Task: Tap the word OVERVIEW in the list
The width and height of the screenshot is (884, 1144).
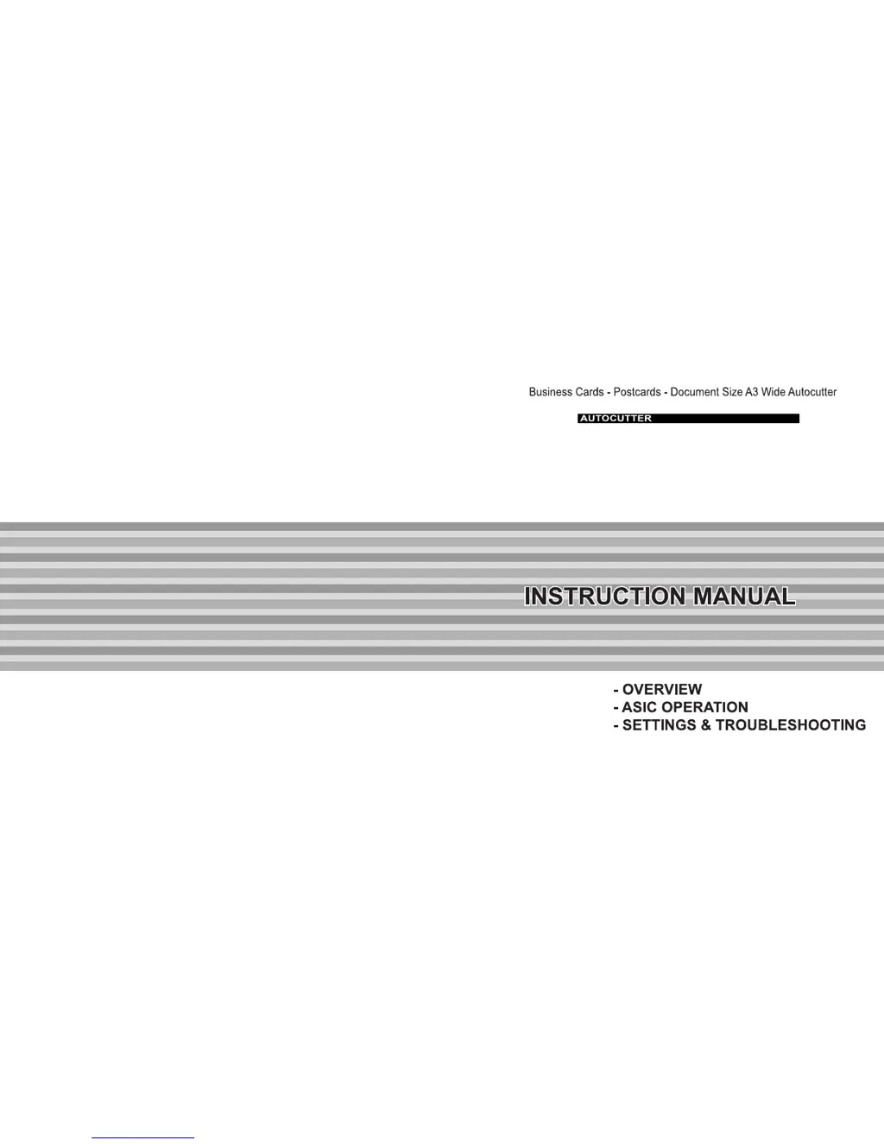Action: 662,690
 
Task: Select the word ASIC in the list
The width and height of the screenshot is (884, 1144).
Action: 639,707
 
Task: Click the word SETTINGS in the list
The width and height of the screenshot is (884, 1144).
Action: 659,725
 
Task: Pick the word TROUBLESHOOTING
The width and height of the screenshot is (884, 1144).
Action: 791,725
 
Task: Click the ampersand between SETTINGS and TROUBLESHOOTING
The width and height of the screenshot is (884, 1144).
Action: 706,725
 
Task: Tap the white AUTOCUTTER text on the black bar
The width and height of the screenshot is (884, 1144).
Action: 616,419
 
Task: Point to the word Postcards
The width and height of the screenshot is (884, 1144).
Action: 637,392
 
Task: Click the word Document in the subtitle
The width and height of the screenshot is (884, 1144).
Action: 694,392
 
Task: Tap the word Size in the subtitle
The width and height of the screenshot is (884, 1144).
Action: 732,392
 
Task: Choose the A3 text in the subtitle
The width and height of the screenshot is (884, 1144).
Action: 752,392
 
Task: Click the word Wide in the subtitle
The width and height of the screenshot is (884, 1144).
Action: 773,392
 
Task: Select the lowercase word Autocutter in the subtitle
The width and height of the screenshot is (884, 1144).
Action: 812,392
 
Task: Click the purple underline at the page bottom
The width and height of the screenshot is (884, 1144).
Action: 142,1138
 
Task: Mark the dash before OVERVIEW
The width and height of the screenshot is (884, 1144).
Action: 616,691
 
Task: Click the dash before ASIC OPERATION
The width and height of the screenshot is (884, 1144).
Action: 616,708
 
